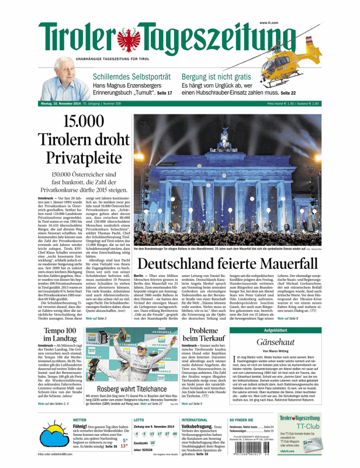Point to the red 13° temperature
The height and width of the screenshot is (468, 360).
124,446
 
